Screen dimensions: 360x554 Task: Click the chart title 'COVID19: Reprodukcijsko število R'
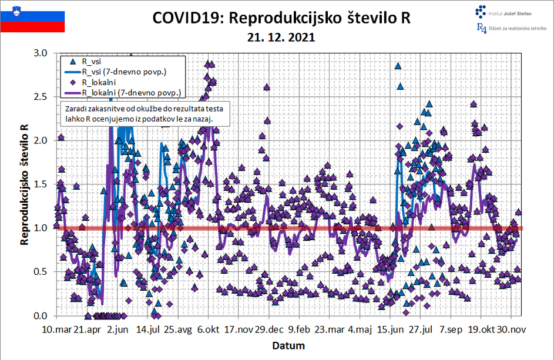pyautogui.click(x=281, y=18)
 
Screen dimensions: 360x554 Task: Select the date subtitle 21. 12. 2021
pyautogui.click(x=281, y=37)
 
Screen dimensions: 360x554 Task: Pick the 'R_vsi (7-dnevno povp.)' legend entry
pyautogui.click(x=123, y=72)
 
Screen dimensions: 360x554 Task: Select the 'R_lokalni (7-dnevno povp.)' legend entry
pyautogui.click(x=130, y=93)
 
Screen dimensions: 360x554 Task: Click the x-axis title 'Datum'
pyautogui.click(x=288, y=345)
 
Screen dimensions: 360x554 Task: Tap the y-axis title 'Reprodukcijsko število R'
pyautogui.click(x=25, y=184)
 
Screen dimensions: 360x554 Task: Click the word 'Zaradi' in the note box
pyautogui.click(x=78, y=109)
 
